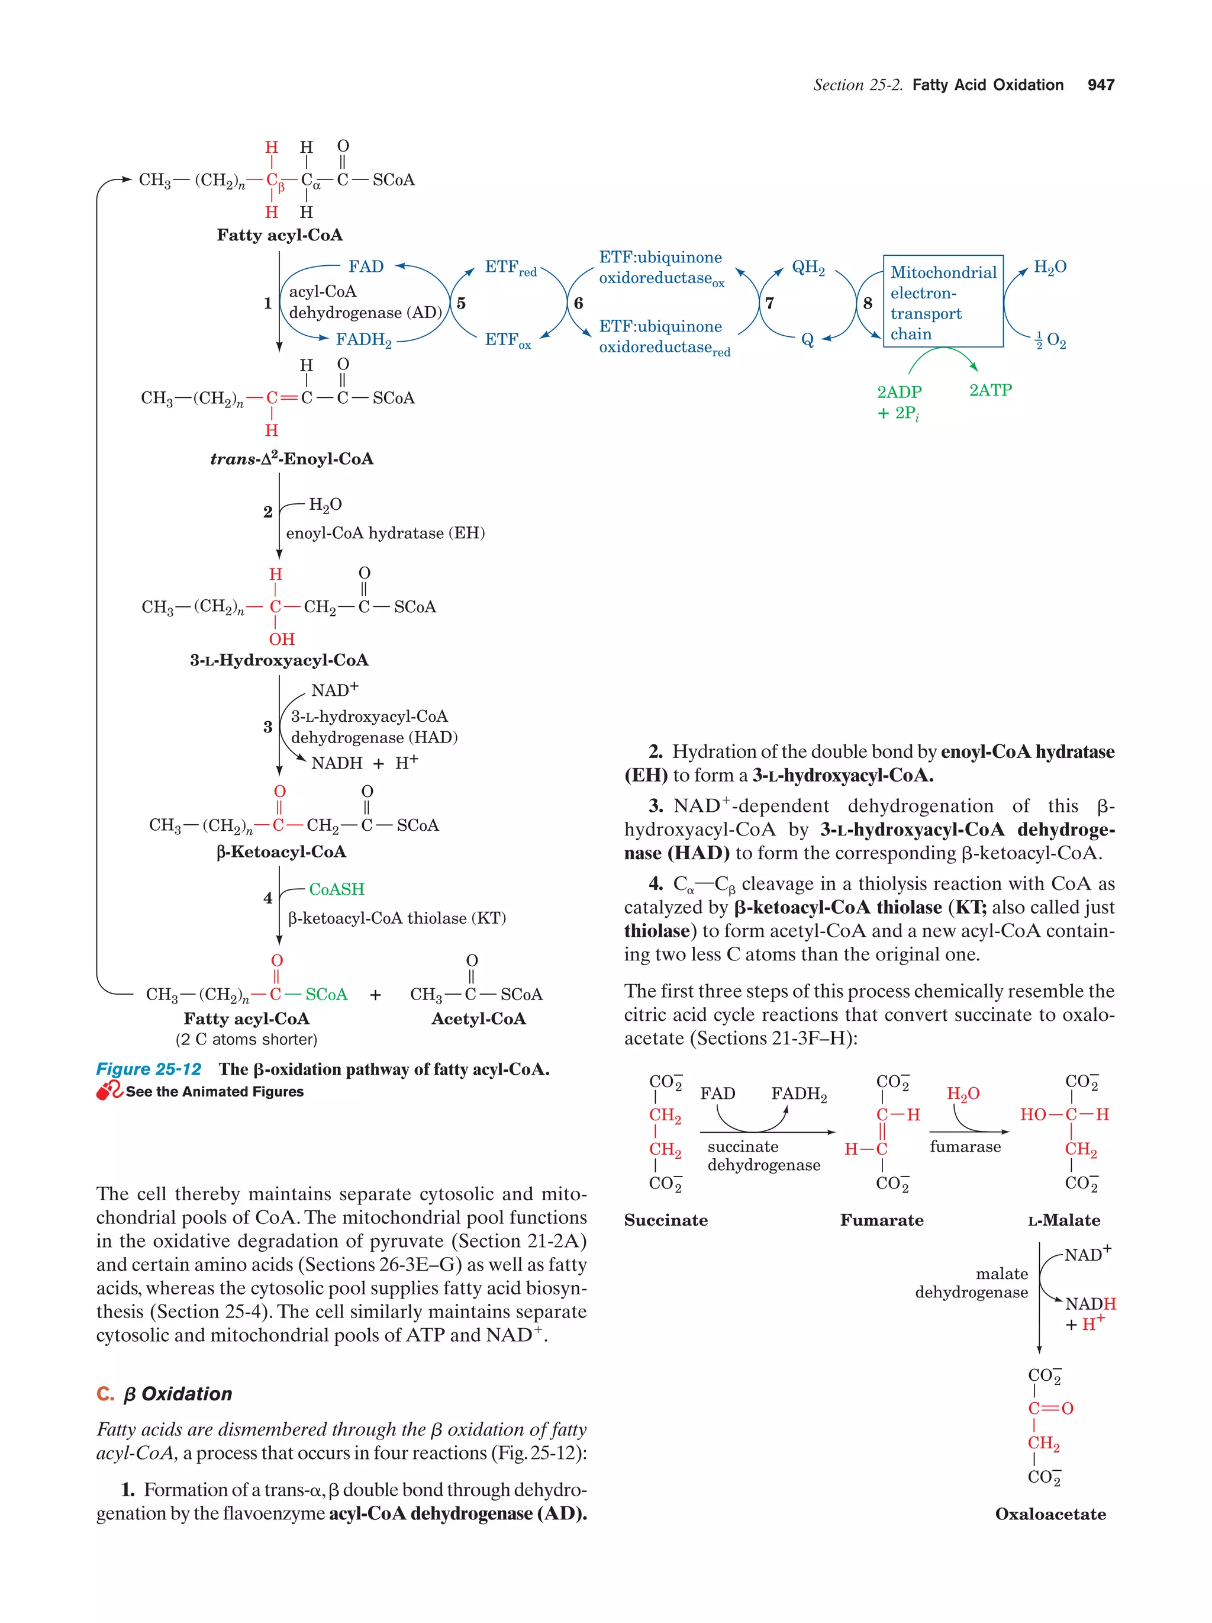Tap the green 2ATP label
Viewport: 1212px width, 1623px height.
coord(990,390)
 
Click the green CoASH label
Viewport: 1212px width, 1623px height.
coord(337,889)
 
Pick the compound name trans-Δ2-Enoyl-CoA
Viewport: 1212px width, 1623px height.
coord(292,459)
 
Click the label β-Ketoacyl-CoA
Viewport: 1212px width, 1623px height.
coord(282,852)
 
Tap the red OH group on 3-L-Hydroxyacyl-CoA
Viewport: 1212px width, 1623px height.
coord(282,639)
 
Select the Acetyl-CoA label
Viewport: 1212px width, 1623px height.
coord(478,1018)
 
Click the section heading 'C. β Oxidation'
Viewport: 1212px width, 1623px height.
coord(165,1394)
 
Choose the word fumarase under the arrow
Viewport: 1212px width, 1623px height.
coord(965,1147)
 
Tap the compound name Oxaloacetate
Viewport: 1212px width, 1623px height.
coord(1050,1513)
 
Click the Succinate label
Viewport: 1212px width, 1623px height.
coord(666,1220)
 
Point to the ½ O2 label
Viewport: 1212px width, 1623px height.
coord(1050,340)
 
